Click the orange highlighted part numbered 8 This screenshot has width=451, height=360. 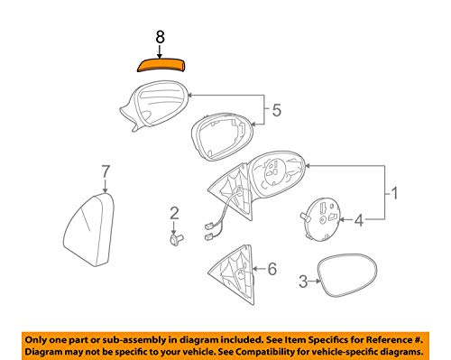161,65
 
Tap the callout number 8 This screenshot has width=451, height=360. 160,37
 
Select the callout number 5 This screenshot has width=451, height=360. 277,110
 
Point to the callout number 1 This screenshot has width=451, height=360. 394,193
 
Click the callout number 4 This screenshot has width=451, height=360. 359,221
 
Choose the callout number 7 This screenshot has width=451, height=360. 106,172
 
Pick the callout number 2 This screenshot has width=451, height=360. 174,214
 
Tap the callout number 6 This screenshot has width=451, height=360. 272,269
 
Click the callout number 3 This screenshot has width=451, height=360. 303,282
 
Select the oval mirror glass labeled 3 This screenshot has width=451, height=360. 347,276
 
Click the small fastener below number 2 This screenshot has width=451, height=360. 176,240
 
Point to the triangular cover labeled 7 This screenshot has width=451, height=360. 89,230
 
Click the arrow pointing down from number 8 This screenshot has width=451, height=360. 160,51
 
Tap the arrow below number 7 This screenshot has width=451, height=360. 106,186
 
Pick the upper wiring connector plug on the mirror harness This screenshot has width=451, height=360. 209,226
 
